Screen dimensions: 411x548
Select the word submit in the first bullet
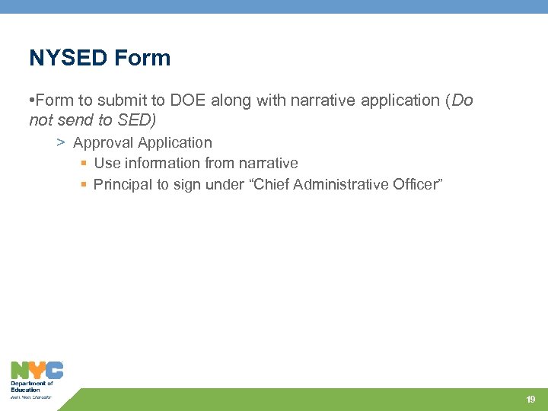point(122,100)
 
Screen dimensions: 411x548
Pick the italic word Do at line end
point(462,100)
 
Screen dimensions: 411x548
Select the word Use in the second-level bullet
point(107,163)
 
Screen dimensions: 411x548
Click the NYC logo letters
point(37,371)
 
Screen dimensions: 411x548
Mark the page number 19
point(530,400)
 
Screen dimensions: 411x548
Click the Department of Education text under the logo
point(31,387)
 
